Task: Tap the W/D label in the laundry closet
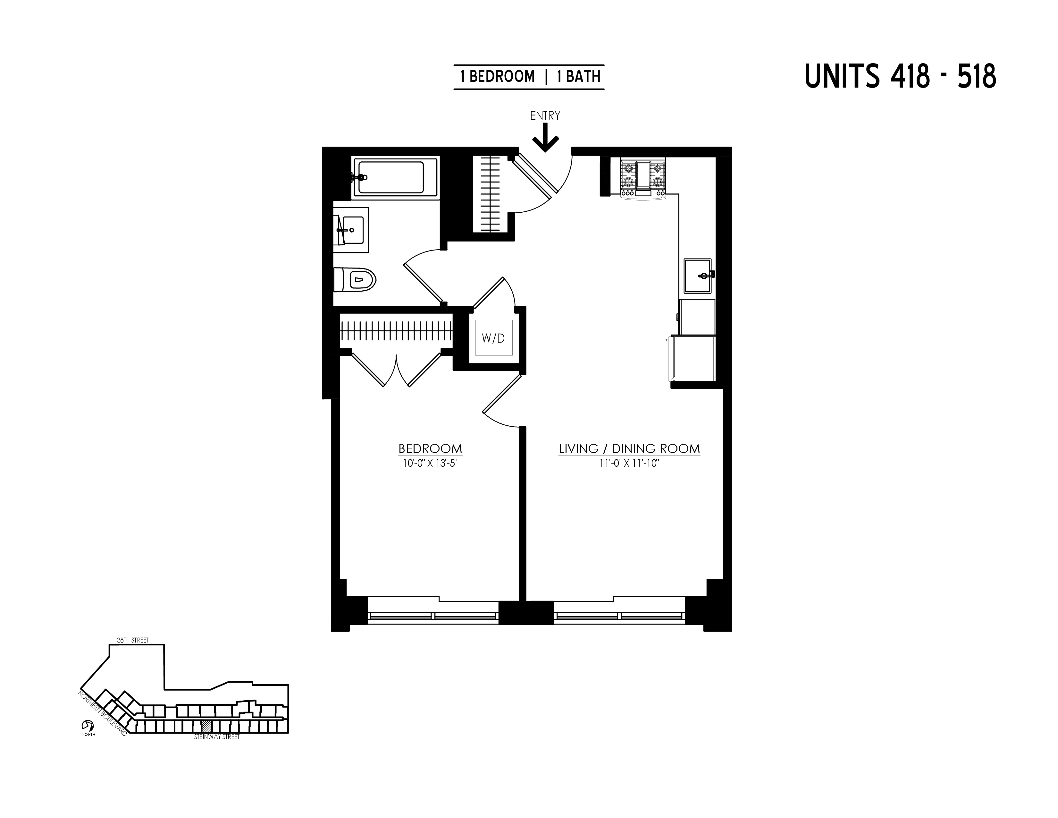[493, 338]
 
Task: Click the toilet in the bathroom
[357, 280]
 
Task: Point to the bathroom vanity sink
[351, 230]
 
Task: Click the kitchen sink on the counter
[698, 276]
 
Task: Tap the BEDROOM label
[430, 449]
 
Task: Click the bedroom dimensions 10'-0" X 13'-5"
[430, 463]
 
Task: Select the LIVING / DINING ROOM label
[629, 449]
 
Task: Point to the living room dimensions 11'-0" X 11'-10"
[629, 463]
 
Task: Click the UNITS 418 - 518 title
[900, 77]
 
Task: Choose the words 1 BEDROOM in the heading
[498, 77]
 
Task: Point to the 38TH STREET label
[133, 640]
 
